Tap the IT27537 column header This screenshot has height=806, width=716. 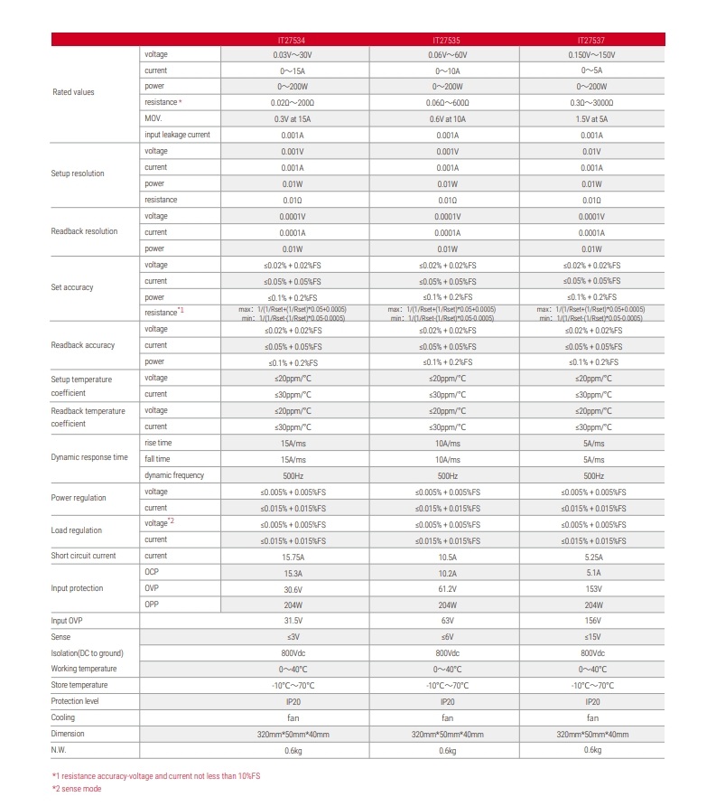[x=592, y=40]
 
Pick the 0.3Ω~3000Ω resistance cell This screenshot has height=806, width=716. [x=592, y=103]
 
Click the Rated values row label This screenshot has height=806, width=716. [x=72, y=92]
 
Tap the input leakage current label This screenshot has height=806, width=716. [x=177, y=135]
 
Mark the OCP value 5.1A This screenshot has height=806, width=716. [x=592, y=573]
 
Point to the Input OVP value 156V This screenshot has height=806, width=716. [x=592, y=621]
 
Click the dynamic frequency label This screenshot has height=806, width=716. [x=174, y=475]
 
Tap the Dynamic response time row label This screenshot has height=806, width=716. [x=89, y=457]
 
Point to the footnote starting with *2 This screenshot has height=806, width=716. [x=77, y=789]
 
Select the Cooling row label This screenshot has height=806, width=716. [x=63, y=717]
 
